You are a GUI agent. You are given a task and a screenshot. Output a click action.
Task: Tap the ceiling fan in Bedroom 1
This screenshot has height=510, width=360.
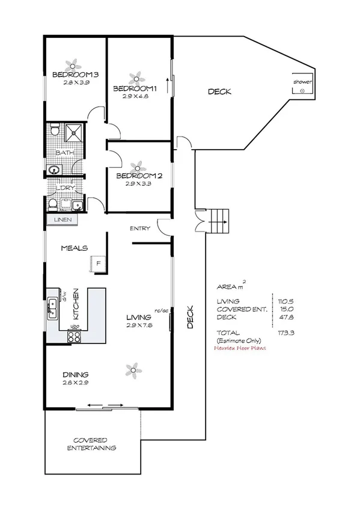(136, 77)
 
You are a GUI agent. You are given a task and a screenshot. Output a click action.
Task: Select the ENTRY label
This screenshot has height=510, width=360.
(139, 229)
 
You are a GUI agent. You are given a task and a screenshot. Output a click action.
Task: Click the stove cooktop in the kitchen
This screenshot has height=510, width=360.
(75, 337)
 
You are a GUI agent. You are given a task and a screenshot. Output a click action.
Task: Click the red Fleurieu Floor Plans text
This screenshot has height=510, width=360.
(240, 348)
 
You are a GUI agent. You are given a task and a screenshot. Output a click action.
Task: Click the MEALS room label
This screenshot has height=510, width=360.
(75, 248)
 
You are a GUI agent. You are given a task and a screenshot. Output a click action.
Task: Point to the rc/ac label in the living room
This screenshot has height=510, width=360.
(160, 311)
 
